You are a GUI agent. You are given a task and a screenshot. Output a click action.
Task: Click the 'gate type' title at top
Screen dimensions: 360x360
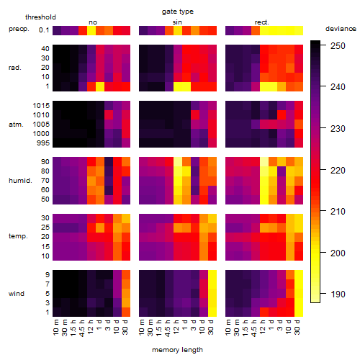178,12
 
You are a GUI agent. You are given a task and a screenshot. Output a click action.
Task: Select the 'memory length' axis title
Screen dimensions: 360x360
177,350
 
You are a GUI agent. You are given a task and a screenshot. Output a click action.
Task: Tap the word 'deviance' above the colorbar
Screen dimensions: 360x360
341,29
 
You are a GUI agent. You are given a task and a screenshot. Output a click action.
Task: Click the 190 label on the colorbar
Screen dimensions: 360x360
338,294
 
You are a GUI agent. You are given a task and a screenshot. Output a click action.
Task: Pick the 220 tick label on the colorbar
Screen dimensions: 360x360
338,171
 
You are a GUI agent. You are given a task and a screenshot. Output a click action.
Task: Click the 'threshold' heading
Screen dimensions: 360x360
40,17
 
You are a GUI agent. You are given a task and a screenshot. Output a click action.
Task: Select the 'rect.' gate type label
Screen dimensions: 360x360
262,22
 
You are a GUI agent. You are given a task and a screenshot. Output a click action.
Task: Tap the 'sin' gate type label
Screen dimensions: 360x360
177,22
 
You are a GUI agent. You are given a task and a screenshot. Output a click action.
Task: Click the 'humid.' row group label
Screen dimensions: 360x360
20,181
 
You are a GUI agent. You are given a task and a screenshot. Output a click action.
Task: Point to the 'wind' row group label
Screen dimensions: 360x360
17,294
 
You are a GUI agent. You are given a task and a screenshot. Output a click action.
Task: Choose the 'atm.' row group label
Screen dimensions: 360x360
16,125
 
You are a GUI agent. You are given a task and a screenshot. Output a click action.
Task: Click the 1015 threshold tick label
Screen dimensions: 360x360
41,106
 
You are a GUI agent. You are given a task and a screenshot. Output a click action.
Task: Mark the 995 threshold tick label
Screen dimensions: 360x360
43,143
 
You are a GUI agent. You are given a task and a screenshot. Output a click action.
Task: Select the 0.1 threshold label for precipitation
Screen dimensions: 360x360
44,30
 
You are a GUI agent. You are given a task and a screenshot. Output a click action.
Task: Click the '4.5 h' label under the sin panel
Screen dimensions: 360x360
168,328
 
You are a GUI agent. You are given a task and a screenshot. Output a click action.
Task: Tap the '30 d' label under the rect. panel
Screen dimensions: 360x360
297,327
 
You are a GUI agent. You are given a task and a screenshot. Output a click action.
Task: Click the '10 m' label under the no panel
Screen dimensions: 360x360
55,328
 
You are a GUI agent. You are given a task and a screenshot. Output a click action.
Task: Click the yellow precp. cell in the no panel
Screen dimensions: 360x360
91,30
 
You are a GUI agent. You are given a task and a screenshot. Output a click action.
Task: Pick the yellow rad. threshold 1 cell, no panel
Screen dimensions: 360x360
100,86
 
